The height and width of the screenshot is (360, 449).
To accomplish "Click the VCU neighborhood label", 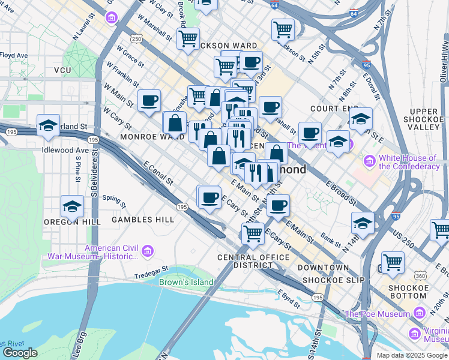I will tap(62, 70).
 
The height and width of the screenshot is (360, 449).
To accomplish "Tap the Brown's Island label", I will tap(186, 282).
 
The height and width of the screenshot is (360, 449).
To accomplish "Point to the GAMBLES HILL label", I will tap(143, 220).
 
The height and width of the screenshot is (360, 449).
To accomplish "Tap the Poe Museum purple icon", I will tap(418, 313).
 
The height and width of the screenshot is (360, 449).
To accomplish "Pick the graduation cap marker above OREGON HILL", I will tap(72, 207).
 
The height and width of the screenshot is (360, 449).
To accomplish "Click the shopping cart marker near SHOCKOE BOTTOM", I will tap(392, 262).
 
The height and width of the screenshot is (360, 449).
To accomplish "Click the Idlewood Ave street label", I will tap(65, 150).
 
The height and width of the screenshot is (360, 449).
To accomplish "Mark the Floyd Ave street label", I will tap(14, 55).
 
